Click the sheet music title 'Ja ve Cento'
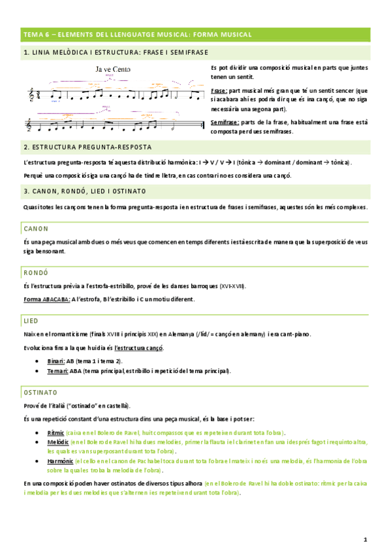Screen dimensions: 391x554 (x=113, y=67)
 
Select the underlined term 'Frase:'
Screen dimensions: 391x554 (x=220, y=91)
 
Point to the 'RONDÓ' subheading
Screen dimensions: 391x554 (x=37, y=272)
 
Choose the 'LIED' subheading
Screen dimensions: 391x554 (x=31, y=320)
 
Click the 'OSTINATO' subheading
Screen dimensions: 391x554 (x=40, y=392)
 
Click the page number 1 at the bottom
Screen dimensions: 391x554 (x=366, y=540)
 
